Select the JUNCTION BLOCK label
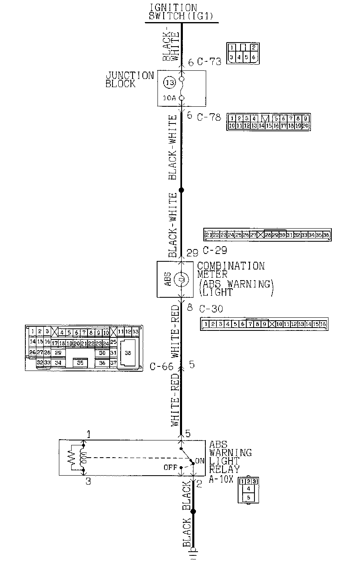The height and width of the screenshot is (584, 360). (x=129, y=80)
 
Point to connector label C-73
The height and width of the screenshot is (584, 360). (x=209, y=62)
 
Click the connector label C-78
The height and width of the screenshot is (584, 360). (x=209, y=117)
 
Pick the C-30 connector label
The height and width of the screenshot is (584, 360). (x=211, y=309)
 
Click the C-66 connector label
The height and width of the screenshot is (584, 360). (x=161, y=366)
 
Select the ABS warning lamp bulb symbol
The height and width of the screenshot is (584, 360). (x=182, y=280)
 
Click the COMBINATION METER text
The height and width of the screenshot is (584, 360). (x=231, y=270)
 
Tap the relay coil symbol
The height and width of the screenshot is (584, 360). (x=85, y=458)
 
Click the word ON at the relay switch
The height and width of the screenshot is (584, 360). (x=200, y=461)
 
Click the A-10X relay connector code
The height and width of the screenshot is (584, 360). (x=220, y=479)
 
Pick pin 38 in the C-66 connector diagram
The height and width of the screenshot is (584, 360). (x=128, y=353)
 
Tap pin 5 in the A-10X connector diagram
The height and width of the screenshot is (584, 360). (x=248, y=497)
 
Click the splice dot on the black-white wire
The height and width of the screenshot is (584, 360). (x=182, y=190)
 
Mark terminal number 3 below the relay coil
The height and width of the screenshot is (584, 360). (x=88, y=481)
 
